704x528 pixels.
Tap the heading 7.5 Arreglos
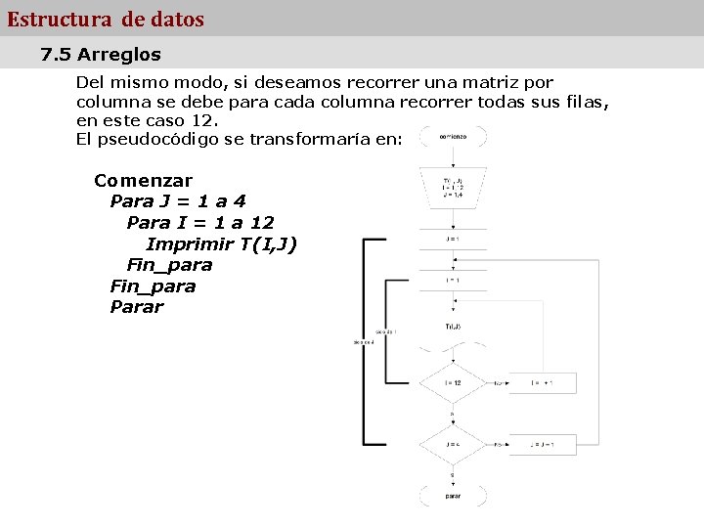101,55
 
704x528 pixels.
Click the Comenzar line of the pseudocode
143,181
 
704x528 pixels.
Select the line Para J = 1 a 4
178,201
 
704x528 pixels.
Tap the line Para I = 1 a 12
199,223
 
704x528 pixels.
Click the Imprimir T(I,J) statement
221,243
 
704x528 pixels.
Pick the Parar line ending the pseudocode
137,307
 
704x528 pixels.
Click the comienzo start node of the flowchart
453,138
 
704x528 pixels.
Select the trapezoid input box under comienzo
453,187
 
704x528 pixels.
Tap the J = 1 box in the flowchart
453,239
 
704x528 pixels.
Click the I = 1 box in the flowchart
453,281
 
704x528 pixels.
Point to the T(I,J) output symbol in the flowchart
453,328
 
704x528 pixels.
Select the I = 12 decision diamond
453,383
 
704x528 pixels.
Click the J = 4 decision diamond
453,445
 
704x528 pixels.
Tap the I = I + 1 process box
542,383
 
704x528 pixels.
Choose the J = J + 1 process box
542,445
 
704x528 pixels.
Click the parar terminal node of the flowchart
453,496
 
